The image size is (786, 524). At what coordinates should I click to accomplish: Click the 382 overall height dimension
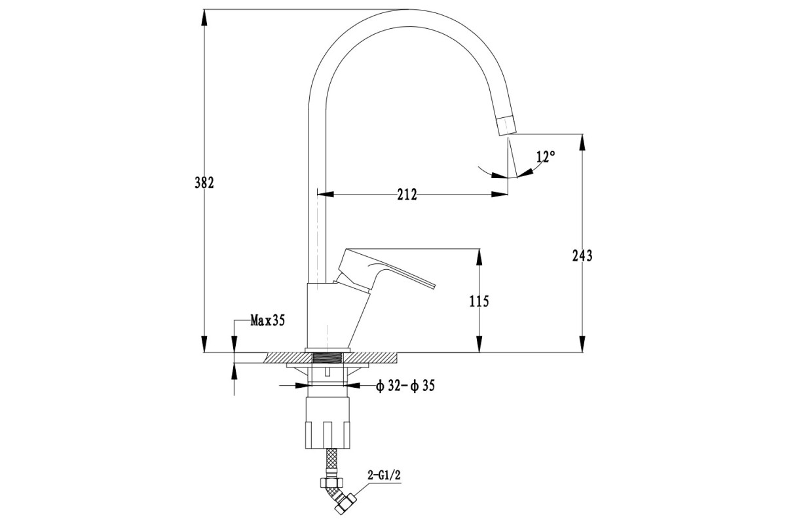tap(204, 183)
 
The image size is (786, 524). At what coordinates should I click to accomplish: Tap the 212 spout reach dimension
tap(407, 195)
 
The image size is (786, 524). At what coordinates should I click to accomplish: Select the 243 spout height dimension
tap(582, 255)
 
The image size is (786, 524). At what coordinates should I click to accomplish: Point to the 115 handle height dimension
tap(479, 301)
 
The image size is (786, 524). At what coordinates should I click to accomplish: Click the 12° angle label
tap(546, 157)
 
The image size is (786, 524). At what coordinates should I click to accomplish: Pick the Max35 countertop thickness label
tap(267, 320)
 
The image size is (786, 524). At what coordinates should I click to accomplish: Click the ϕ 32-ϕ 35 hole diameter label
tap(405, 386)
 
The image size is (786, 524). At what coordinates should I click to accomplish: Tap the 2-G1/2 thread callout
tap(384, 476)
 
